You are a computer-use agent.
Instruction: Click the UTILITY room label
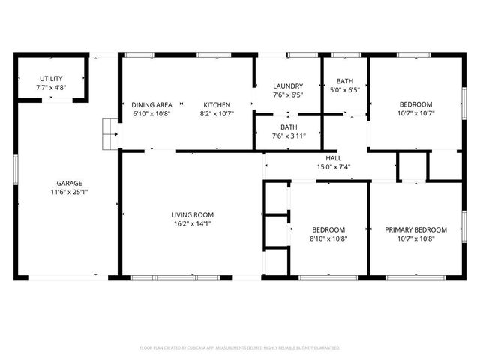tap(51, 78)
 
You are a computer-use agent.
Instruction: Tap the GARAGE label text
tap(69, 183)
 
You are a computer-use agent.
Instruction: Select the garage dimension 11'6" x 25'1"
tap(69, 192)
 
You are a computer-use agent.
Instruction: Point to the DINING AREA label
tap(152, 105)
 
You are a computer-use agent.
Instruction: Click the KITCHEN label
tap(215, 105)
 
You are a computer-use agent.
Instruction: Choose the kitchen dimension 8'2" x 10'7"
tap(215, 114)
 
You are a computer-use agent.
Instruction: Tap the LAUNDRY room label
tap(287, 86)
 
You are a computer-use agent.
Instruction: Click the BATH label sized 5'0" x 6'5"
tap(345, 81)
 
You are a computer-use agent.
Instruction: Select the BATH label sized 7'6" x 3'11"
tap(289, 127)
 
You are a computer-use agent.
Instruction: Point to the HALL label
tap(334, 158)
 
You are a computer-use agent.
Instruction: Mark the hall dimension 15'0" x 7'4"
tap(334, 167)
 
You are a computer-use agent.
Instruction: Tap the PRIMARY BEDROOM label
tap(415, 229)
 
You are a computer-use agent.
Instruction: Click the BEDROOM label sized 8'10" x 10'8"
tap(328, 229)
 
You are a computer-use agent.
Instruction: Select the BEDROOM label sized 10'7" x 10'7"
tap(415, 104)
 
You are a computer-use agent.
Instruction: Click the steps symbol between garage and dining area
tap(110, 134)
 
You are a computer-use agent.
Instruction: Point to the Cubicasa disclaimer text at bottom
tap(240, 347)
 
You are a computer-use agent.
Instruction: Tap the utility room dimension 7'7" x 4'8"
tap(51, 87)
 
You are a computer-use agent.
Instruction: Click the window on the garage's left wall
tap(16, 168)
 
